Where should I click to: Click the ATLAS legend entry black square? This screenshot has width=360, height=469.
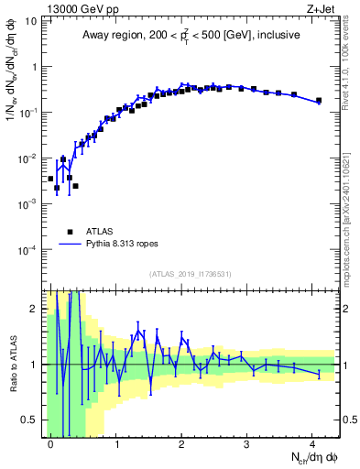(70, 232)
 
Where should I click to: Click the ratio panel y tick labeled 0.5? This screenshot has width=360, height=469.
(30, 420)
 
